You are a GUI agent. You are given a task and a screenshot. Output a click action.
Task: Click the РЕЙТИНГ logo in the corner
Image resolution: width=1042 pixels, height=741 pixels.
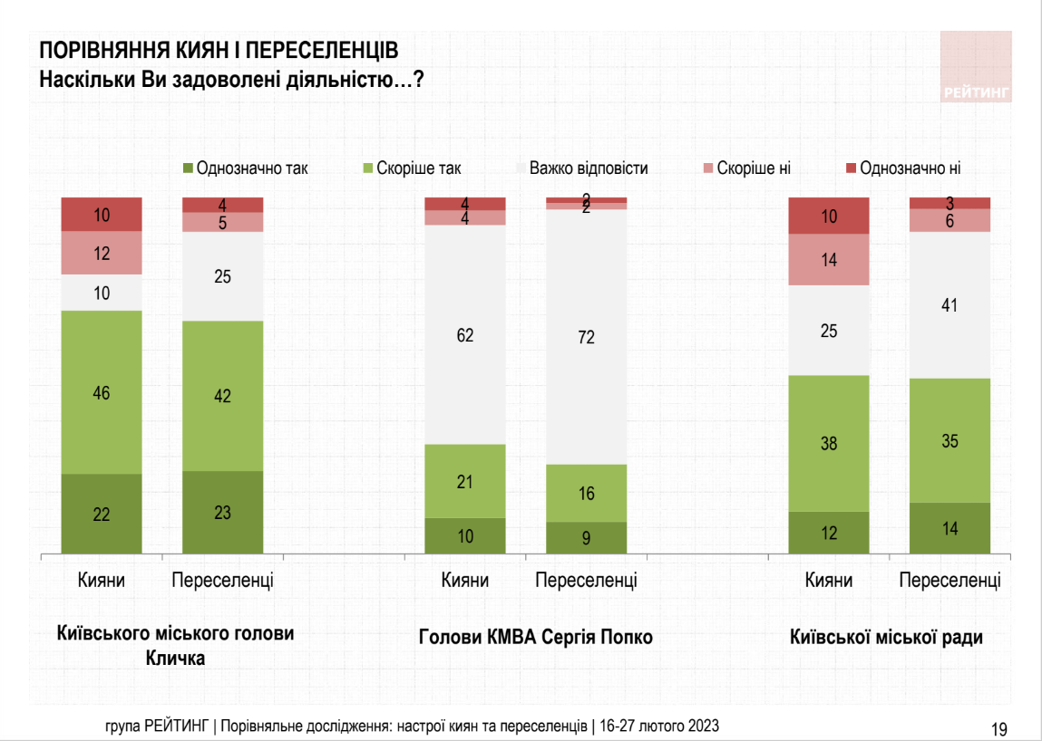975,67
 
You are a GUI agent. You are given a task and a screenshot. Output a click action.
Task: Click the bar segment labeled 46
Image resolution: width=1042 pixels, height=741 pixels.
102,392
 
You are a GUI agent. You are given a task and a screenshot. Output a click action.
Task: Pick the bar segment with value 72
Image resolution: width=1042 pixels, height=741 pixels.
586,337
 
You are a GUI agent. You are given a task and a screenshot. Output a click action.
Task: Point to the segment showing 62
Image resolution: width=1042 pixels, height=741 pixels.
465,335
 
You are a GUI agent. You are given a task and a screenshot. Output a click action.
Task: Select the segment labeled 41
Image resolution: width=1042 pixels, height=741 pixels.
950,305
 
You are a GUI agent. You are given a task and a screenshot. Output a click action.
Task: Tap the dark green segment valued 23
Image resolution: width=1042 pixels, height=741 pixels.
223,512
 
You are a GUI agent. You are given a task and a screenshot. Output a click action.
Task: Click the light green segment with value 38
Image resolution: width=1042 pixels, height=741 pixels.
829,443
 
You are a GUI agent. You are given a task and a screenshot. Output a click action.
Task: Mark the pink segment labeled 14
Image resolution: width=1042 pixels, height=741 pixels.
829,260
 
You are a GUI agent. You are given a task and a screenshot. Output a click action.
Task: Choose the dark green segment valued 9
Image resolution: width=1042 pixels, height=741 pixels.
586,537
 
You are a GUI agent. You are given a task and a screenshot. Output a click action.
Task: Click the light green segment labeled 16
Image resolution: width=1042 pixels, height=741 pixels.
586,493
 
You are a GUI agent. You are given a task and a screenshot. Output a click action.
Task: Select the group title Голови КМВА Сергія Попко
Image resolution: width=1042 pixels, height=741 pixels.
536,637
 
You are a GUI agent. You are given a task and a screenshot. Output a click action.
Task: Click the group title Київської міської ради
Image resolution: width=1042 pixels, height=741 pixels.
886,637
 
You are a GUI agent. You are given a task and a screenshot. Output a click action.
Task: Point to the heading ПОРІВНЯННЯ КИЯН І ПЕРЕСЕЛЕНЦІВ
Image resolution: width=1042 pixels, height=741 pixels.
218,51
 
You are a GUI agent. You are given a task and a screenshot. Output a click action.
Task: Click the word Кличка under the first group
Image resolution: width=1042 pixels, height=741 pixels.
175,659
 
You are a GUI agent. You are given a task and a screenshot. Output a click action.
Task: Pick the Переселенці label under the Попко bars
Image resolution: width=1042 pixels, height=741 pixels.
586,581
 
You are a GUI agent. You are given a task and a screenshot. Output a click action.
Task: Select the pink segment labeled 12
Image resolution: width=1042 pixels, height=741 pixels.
102,253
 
